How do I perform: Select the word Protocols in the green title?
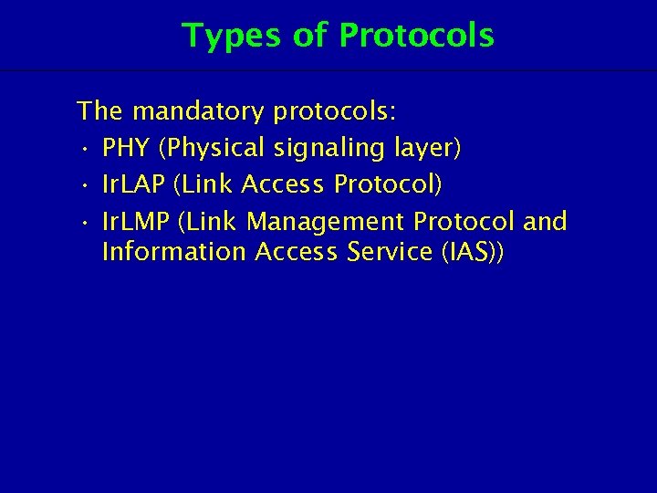click(x=416, y=36)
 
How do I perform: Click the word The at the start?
click(x=101, y=112)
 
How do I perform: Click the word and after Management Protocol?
click(x=546, y=221)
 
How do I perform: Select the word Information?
click(x=174, y=251)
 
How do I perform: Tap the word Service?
click(x=386, y=251)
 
